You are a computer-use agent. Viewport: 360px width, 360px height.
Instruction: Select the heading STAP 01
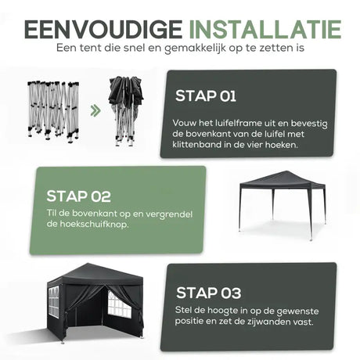click(x=206, y=96)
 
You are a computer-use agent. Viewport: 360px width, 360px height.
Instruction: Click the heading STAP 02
click(x=78, y=196)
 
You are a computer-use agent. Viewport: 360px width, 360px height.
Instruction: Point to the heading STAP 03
click(x=208, y=293)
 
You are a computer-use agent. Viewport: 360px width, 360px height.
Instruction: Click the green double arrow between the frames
click(x=95, y=111)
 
